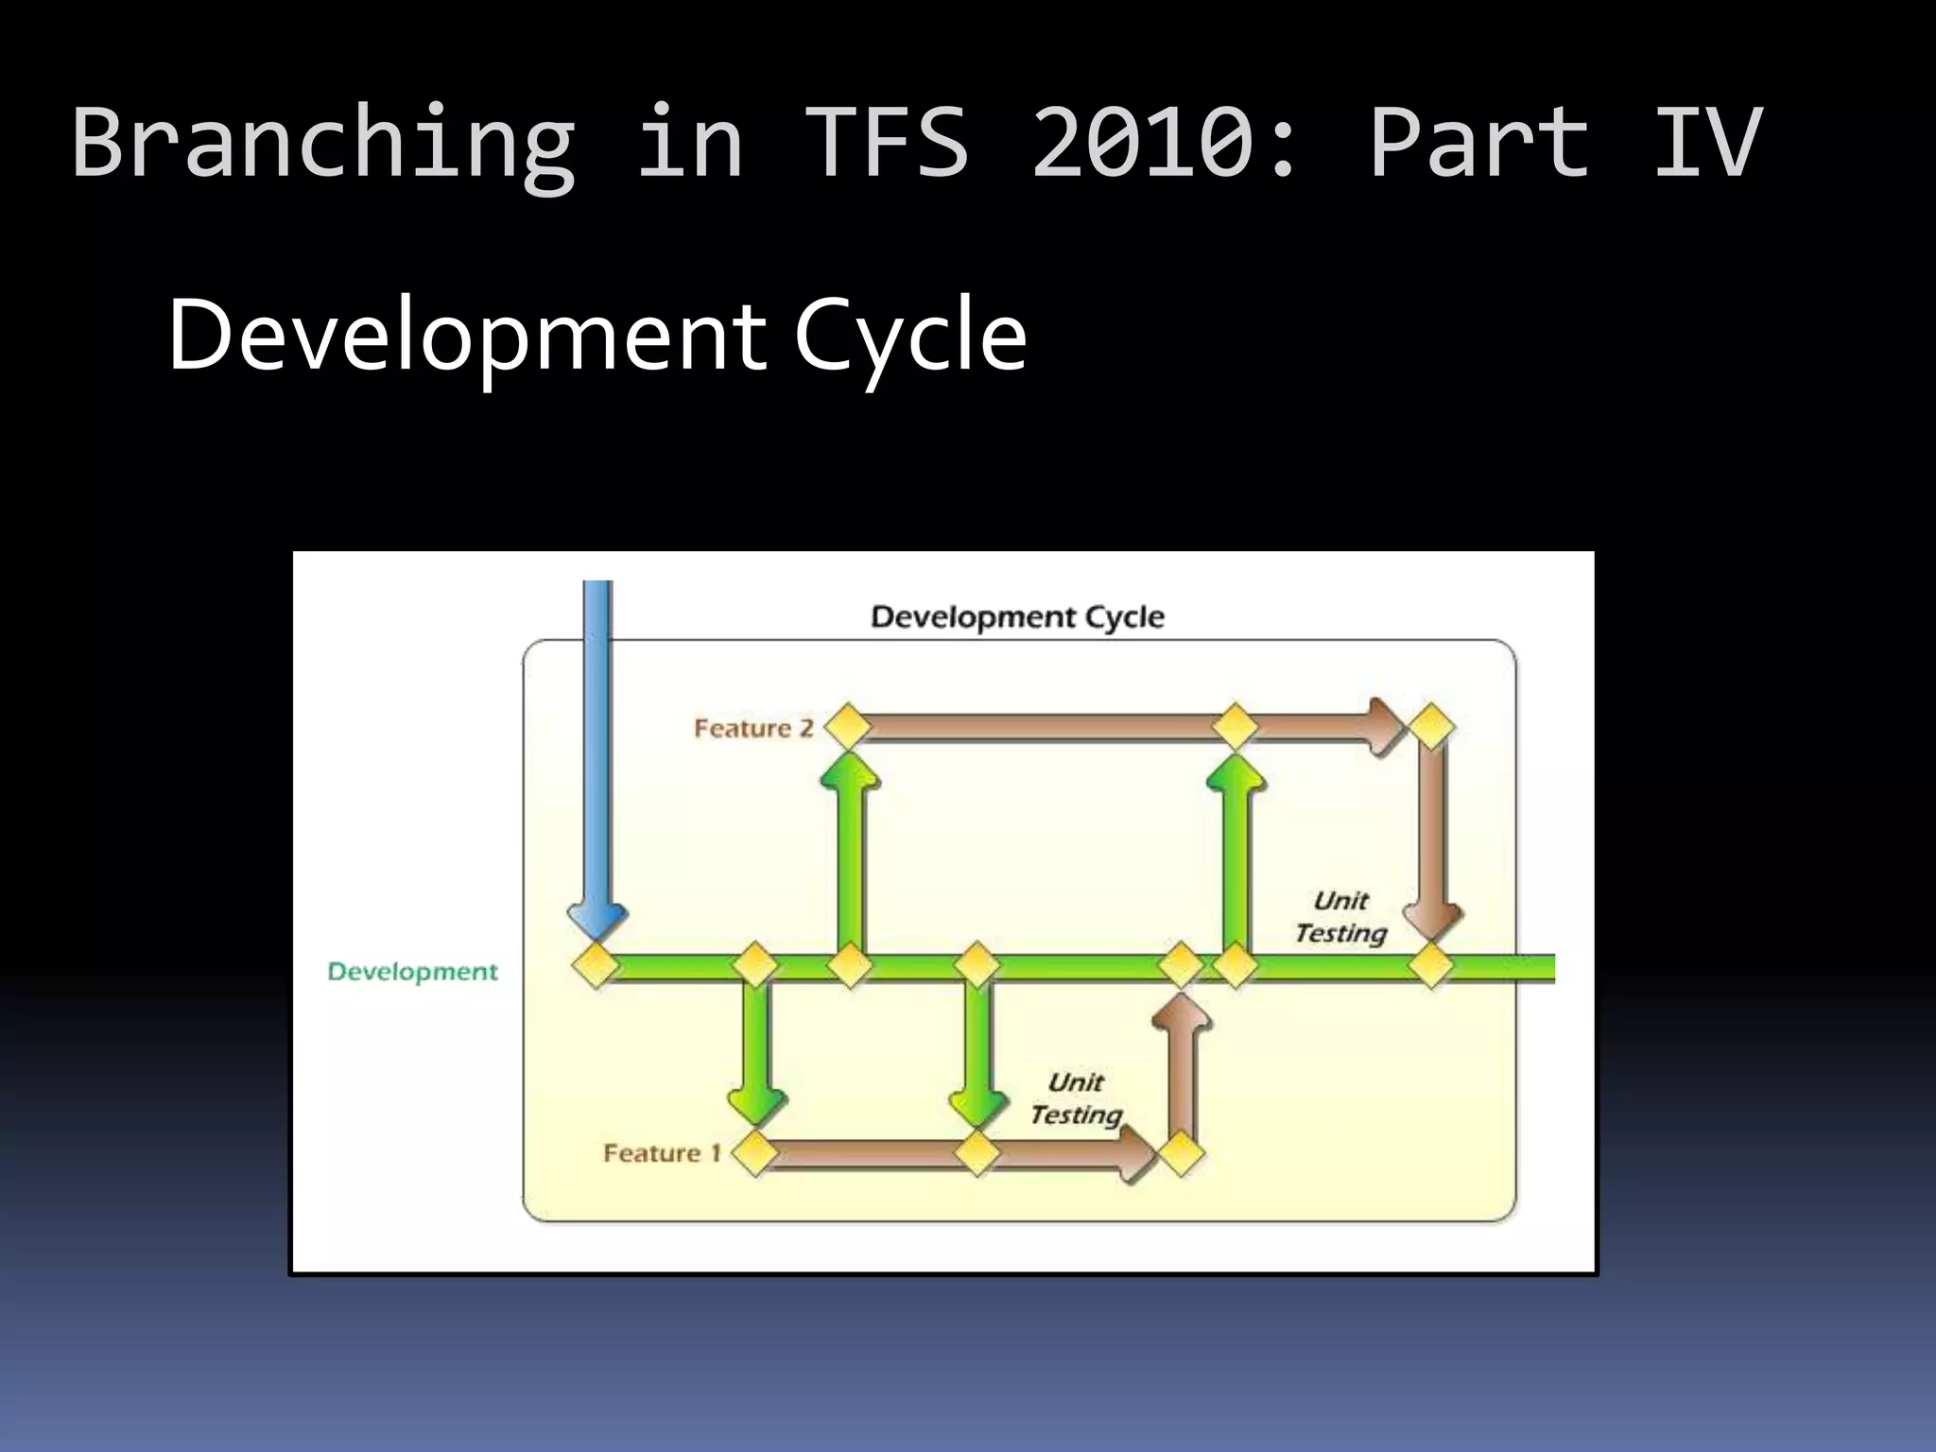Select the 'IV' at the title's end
click(x=1707, y=142)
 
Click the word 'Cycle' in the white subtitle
click(x=909, y=336)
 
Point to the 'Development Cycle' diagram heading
click(x=1017, y=617)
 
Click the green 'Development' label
click(x=412, y=972)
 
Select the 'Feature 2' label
click(x=753, y=728)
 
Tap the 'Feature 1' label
click(x=662, y=1153)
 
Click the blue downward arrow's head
click(x=596, y=918)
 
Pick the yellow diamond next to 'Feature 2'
click(x=847, y=727)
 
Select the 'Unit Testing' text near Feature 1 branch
click(x=1077, y=1098)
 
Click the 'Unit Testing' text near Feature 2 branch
click(x=1340, y=917)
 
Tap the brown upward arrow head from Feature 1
click(x=1181, y=1013)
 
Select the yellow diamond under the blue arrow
click(x=596, y=966)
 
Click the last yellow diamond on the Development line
click(x=1431, y=966)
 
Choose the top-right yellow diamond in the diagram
click(x=1431, y=727)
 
